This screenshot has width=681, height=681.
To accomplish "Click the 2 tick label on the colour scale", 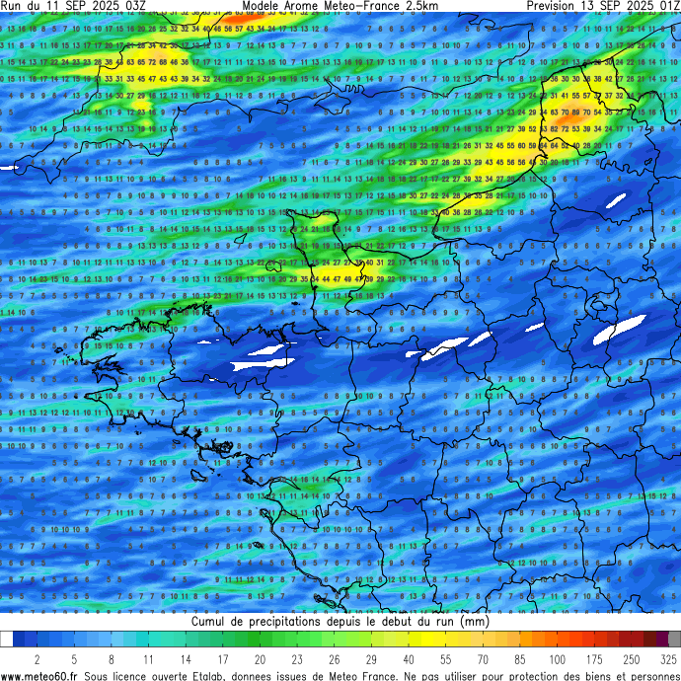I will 37,658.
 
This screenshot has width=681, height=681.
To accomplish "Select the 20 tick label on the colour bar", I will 260,658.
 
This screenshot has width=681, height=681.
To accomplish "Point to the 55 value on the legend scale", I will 445,658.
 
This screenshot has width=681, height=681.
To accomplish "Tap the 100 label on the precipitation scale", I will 558,658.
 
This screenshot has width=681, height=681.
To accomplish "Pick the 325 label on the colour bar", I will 668,658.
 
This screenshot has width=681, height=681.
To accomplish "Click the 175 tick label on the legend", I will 595,658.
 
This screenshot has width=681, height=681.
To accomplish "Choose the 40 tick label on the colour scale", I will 409,658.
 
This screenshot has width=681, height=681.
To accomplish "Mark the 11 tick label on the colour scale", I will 148,658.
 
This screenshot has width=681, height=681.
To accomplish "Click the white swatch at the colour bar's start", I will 7,640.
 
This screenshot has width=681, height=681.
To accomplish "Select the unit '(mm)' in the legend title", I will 475,623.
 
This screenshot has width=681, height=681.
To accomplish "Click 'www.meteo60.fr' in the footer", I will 39,676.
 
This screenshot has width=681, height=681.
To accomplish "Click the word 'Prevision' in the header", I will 557,6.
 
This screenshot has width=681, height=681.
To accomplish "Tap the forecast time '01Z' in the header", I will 666,6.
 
